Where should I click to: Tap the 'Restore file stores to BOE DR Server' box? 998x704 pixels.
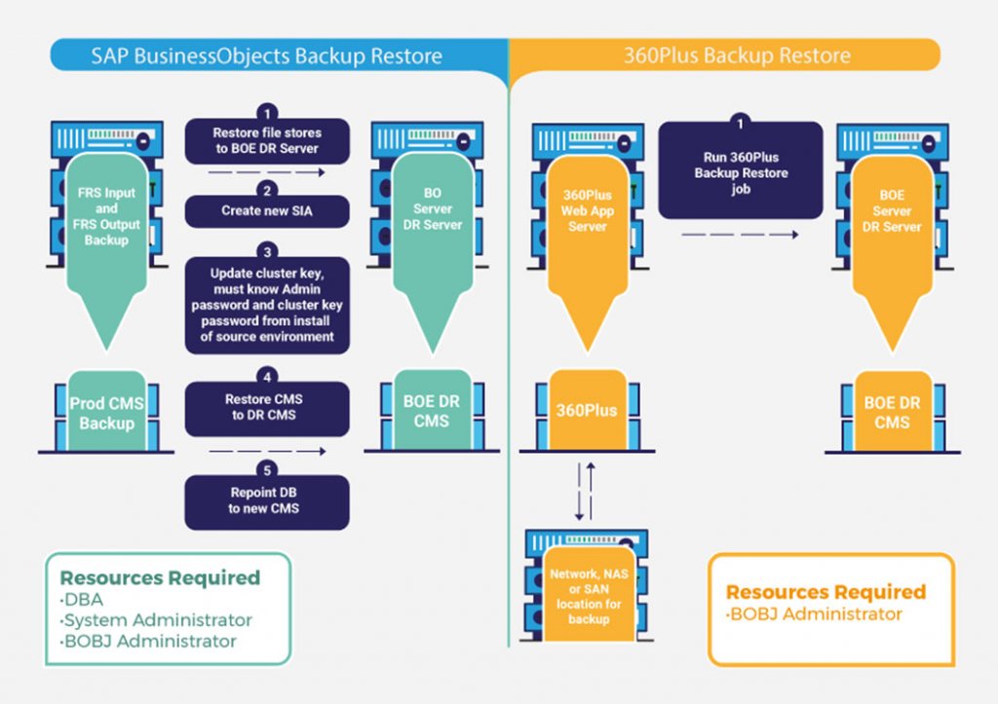coord(267,140)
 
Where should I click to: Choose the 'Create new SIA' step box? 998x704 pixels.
coord(267,210)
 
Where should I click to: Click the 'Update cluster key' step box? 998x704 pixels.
coord(267,305)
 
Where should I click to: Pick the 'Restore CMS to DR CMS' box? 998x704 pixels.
coord(267,407)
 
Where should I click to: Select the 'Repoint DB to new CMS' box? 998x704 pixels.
coord(267,500)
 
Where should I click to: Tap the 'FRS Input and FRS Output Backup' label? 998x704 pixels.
coord(107,216)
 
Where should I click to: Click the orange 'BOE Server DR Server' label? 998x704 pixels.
coord(892,211)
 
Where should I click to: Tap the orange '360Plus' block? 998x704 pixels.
coord(587,410)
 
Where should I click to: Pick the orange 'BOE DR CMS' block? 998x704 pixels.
coord(892,412)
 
